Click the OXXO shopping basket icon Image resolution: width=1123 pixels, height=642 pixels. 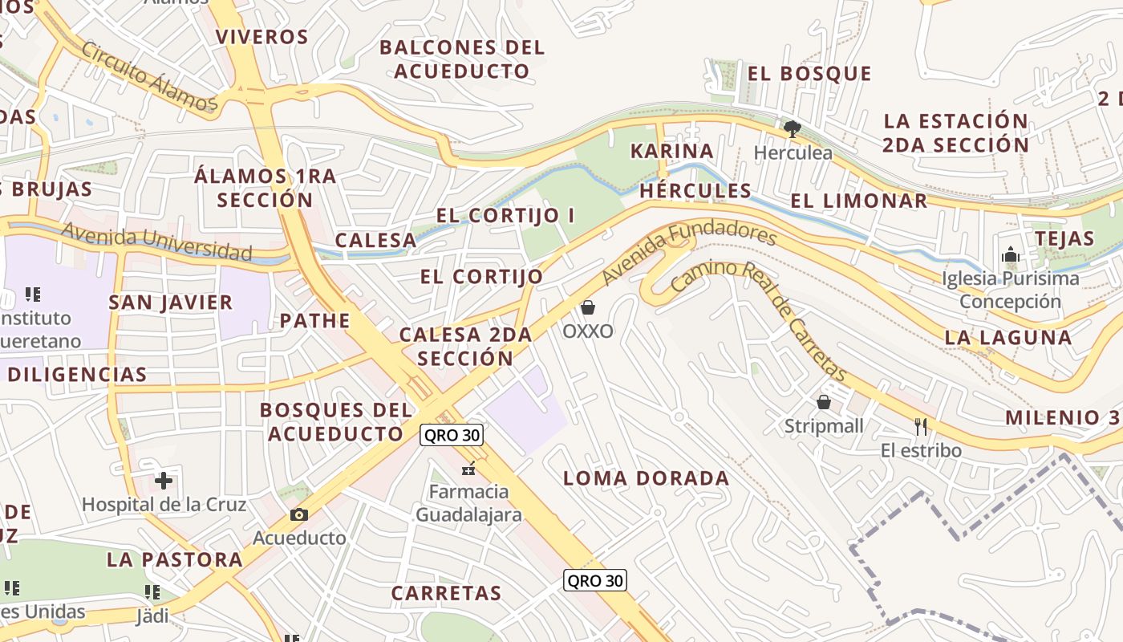point(588,307)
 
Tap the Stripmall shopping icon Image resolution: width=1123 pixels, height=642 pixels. point(824,402)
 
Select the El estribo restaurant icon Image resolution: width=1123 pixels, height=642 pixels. point(921,426)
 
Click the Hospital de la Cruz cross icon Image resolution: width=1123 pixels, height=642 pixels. point(164,481)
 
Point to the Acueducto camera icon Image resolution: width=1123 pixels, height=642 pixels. point(299,514)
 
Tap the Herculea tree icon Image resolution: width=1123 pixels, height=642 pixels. point(793,128)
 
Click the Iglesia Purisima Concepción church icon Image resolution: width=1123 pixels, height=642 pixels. point(1010,255)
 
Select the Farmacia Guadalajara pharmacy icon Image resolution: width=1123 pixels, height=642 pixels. point(468,468)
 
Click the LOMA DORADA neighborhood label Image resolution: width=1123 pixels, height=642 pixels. point(646,479)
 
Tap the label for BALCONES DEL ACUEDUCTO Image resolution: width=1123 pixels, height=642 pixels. point(462,59)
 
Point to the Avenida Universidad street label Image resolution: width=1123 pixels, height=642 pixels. point(157,242)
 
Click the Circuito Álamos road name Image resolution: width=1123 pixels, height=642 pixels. point(149,77)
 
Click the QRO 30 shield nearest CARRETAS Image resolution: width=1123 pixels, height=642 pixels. point(594,580)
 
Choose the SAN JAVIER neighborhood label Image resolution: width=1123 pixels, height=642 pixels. point(171,303)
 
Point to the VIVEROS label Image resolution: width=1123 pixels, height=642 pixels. point(262,37)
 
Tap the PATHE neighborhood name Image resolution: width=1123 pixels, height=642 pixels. point(315,321)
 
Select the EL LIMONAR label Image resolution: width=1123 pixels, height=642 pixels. point(859,201)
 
